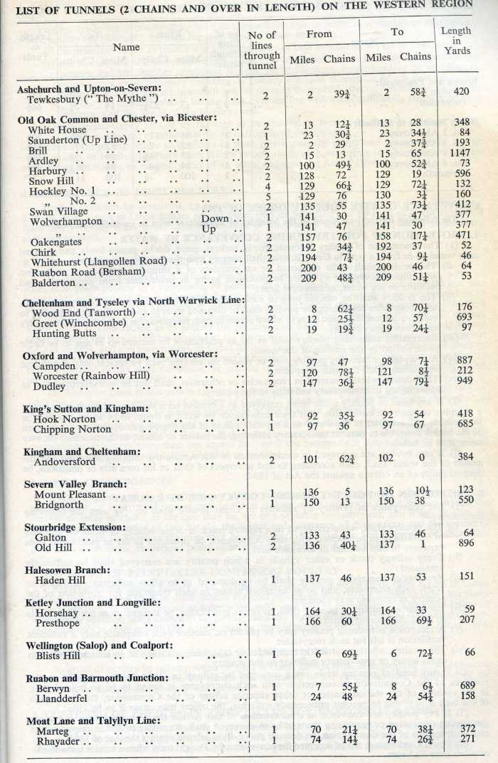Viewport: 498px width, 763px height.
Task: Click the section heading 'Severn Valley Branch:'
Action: pyautogui.click(x=72, y=482)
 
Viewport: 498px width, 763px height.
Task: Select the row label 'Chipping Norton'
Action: pyautogui.click(x=72, y=429)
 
